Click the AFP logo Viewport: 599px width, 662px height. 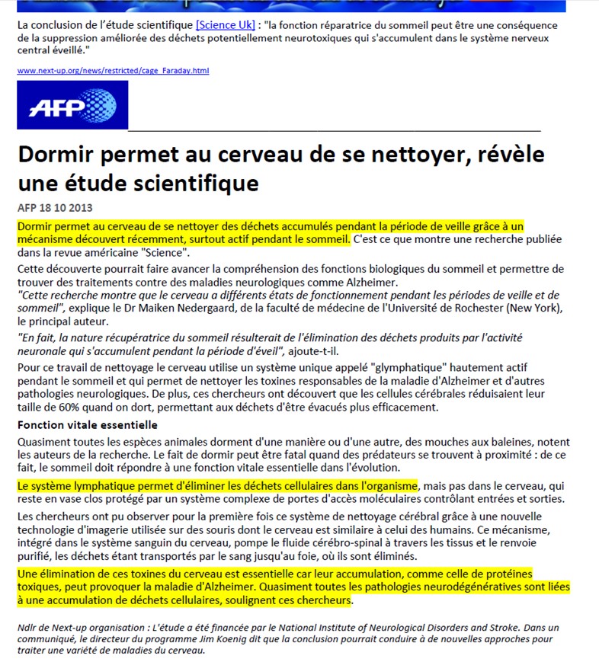point(72,104)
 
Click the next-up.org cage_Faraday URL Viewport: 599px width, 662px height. point(113,71)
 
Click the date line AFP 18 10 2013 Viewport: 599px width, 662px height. point(55,208)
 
